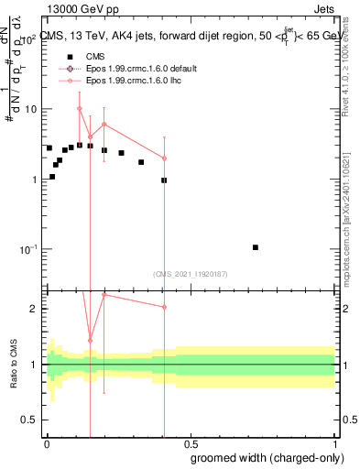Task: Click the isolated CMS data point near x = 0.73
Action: [256, 247]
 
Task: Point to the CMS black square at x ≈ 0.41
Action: [164, 180]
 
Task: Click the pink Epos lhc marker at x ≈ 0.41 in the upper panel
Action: [164, 158]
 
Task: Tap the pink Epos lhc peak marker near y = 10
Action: [80, 108]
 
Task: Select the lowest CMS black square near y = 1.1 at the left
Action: [52, 176]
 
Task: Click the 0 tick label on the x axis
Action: [46, 442]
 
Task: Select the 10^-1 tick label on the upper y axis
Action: [27, 249]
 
